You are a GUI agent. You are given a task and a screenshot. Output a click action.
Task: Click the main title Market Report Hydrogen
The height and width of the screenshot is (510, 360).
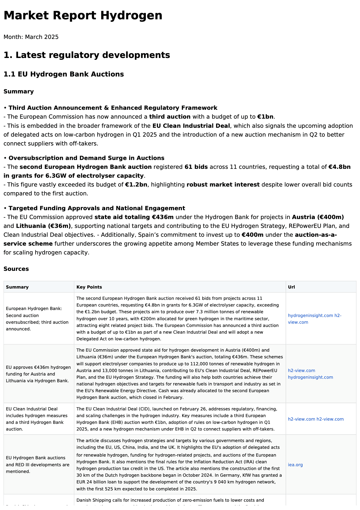[x=83, y=15]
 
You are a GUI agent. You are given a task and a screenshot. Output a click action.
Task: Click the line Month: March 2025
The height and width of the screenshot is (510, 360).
[x=31, y=37]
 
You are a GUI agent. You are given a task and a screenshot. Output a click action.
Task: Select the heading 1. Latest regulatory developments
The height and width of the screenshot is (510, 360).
[x=87, y=55]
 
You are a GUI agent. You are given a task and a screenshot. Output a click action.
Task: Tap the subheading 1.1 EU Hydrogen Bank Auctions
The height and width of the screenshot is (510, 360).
[x=63, y=74]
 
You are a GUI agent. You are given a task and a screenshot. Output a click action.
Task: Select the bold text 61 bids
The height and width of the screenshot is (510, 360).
[x=196, y=167]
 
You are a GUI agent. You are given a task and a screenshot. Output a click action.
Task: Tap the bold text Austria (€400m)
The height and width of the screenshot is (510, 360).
[x=318, y=217]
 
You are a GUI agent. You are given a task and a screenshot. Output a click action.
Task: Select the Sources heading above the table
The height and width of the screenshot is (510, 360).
[x=16, y=269]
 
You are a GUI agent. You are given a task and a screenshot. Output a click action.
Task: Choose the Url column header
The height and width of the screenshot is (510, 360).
[x=291, y=287]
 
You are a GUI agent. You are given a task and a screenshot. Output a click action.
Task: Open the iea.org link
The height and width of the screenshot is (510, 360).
[x=295, y=465]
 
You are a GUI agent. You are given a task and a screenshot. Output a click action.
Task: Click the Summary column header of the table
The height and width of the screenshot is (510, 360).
[x=17, y=287]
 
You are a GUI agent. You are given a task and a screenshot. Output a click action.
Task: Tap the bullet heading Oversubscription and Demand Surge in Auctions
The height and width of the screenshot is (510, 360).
[x=86, y=158]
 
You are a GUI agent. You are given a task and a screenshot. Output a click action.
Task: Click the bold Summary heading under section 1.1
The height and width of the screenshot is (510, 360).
[x=19, y=92]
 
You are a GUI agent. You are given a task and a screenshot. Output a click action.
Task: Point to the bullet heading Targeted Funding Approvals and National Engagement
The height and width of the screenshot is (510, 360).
[x=97, y=208]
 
